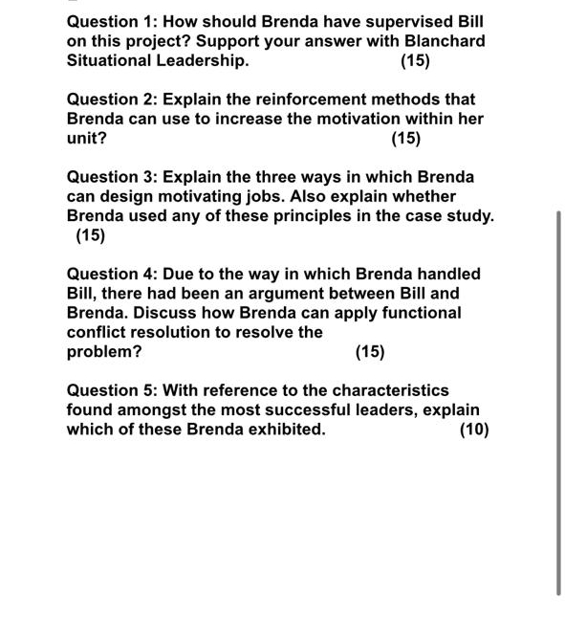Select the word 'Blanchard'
[x=440, y=41]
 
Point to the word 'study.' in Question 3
[x=468, y=215]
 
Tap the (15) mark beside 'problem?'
[x=370, y=351]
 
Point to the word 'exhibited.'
[x=285, y=429]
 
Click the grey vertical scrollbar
[x=558, y=402]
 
